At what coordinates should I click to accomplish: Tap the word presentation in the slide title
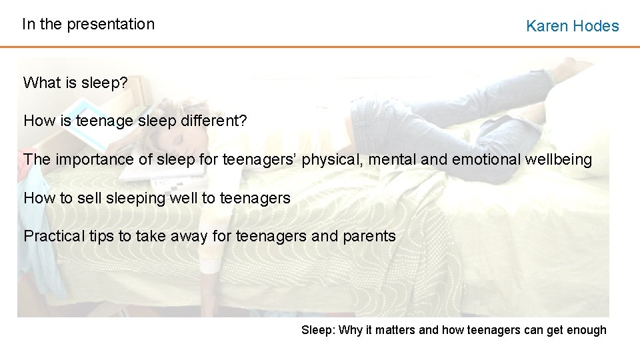point(111,25)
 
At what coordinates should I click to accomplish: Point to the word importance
point(89,160)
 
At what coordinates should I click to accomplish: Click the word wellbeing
point(559,160)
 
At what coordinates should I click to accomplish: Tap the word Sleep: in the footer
point(319,330)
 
